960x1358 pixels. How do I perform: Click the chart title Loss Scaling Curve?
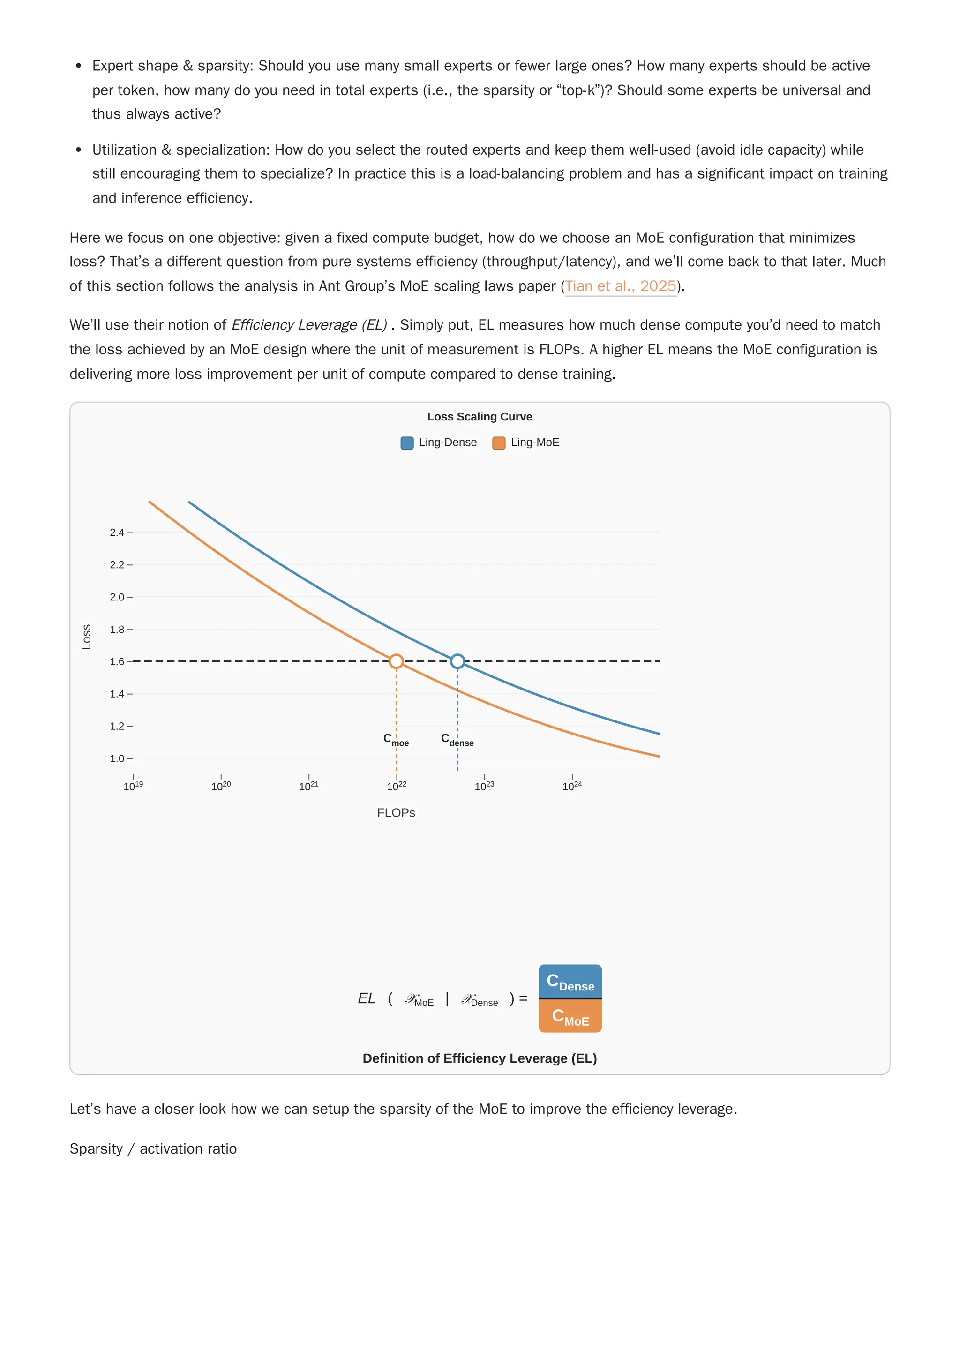[x=479, y=416]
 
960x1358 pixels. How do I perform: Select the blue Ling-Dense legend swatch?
[x=407, y=443]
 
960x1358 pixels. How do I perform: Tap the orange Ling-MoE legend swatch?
[x=499, y=443]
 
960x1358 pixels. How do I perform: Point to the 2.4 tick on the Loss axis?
[x=117, y=533]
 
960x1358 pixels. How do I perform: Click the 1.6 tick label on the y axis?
[x=117, y=661]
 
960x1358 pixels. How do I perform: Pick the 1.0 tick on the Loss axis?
[x=117, y=758]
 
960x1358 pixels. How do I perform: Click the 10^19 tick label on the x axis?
[x=133, y=786]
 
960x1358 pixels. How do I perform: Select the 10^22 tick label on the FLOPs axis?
[x=396, y=786]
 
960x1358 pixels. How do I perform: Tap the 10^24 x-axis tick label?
[x=572, y=786]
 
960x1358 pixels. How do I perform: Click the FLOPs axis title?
[x=396, y=813]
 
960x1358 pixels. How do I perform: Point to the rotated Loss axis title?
[x=86, y=637]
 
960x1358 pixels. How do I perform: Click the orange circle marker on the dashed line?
[x=396, y=661]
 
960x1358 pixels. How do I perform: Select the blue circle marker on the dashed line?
[x=457, y=661]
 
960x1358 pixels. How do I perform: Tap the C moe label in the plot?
[x=396, y=740]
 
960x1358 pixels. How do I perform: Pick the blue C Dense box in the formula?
[x=570, y=982]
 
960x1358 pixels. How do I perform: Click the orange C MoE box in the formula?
[x=570, y=1017]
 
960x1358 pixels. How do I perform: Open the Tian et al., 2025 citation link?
[x=621, y=286]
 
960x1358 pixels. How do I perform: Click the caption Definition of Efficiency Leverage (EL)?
[x=479, y=1058]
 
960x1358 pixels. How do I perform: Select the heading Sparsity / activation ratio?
[x=153, y=1148]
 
